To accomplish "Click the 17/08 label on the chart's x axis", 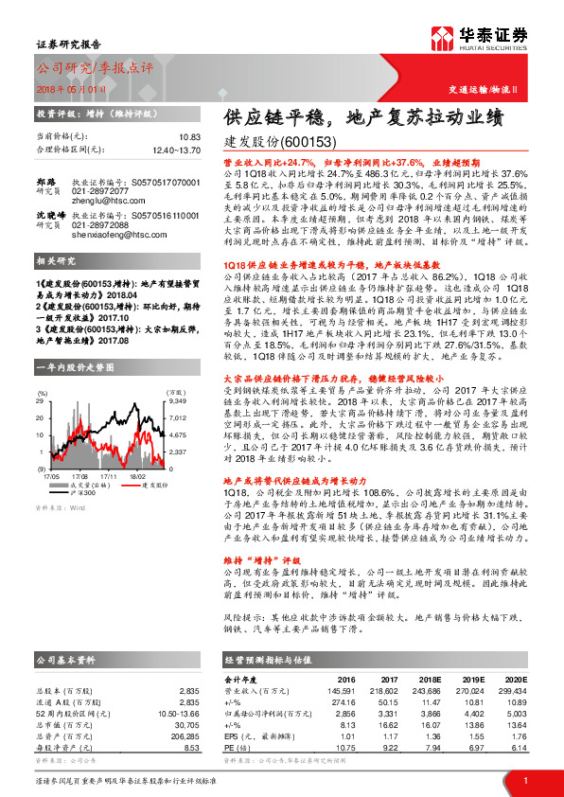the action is click(80, 451).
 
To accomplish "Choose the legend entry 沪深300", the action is click(87, 466).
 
